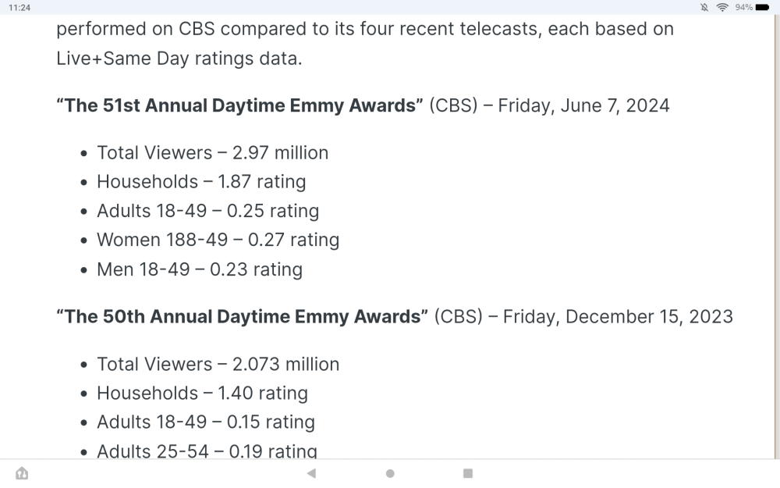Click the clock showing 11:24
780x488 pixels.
pyautogui.click(x=19, y=7)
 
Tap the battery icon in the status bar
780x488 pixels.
pyautogui.click(x=762, y=7)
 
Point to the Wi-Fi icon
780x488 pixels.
pyautogui.click(x=722, y=7)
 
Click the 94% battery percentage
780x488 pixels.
pyautogui.click(x=743, y=7)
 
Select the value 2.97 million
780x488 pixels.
pyautogui.click(x=280, y=152)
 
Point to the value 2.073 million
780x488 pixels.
pyautogui.click(x=285, y=364)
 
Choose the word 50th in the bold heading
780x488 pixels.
pyautogui.click(x=126, y=316)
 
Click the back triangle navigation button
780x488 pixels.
pyautogui.click(x=311, y=473)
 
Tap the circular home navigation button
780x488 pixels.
pyautogui.click(x=390, y=473)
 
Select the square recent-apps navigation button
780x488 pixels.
pyautogui.click(x=468, y=473)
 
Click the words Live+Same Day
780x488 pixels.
pyautogui.click(x=122, y=59)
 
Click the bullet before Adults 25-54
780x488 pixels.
pyautogui.click(x=84, y=452)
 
